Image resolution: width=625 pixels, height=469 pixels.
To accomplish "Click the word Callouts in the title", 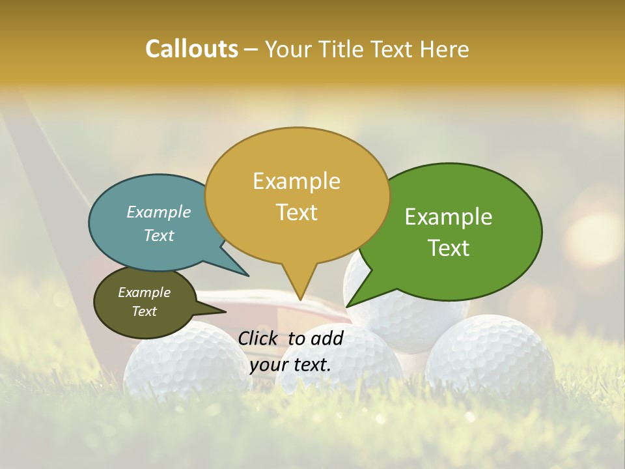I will pyautogui.click(x=191, y=50).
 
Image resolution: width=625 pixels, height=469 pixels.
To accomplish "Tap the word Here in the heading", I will pyautogui.click(x=445, y=50).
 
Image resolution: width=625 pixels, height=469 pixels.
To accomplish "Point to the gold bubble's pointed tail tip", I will pyautogui.click(x=300, y=300).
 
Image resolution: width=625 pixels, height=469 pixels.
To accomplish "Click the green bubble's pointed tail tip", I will pyautogui.click(x=347, y=306).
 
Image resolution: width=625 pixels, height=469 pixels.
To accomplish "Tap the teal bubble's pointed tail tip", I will pyautogui.click(x=247, y=275).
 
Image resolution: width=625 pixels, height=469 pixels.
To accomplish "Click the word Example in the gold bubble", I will pyautogui.click(x=296, y=180).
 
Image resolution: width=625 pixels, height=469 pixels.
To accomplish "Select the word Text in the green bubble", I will pyautogui.click(x=449, y=248).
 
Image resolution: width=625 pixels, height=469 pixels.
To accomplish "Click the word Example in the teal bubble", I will pyautogui.click(x=159, y=212).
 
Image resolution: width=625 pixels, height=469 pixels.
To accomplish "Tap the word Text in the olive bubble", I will pyautogui.click(x=145, y=311).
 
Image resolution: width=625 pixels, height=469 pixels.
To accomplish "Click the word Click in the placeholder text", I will pyautogui.click(x=258, y=338).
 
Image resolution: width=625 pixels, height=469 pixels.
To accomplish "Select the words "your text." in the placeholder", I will pyautogui.click(x=290, y=365).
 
